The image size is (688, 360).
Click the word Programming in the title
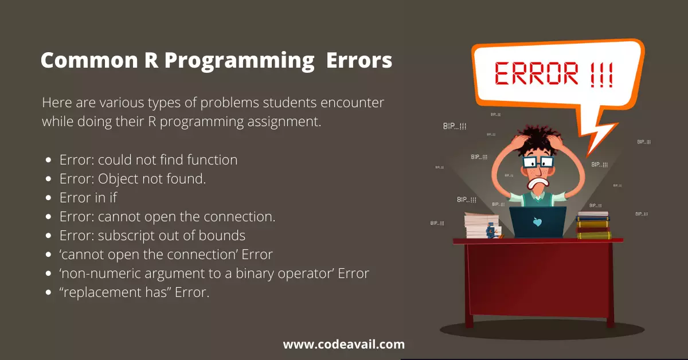(239, 61)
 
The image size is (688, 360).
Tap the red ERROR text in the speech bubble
(536, 73)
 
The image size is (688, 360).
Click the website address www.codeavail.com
(343, 345)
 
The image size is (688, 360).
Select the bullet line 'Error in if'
(88, 198)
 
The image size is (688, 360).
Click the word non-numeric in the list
(100, 273)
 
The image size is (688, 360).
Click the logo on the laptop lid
(537, 221)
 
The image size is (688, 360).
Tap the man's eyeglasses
(538, 162)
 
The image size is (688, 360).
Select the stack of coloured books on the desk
(593, 225)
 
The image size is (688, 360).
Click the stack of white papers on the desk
(482, 225)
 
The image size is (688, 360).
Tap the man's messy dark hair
(538, 140)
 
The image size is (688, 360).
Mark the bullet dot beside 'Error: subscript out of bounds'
(48, 236)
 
